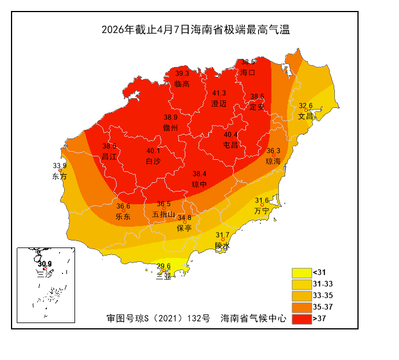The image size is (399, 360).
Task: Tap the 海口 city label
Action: click(x=248, y=73)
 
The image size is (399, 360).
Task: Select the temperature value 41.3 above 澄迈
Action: click(x=219, y=93)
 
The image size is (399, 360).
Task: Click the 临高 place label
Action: click(x=182, y=84)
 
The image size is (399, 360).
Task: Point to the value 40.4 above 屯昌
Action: click(x=230, y=135)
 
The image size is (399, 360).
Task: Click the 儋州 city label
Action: click(x=170, y=127)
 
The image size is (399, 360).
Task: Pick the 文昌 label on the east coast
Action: click(x=305, y=115)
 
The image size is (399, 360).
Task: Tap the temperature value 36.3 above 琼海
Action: click(x=273, y=151)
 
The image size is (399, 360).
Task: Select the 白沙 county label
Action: click(x=153, y=161)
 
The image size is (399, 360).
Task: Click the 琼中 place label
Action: click(x=199, y=184)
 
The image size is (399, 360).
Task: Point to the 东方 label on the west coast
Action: click(x=59, y=176)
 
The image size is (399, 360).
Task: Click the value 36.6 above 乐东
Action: click(x=123, y=207)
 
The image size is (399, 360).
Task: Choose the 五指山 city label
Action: click(x=163, y=214)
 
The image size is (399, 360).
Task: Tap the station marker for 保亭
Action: click(x=185, y=222)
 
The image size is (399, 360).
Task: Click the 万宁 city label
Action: click(x=262, y=211)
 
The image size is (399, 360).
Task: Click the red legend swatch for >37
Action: click(x=301, y=318)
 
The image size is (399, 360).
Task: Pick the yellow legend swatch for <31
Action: click(x=301, y=272)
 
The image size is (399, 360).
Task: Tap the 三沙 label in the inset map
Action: click(x=44, y=274)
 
